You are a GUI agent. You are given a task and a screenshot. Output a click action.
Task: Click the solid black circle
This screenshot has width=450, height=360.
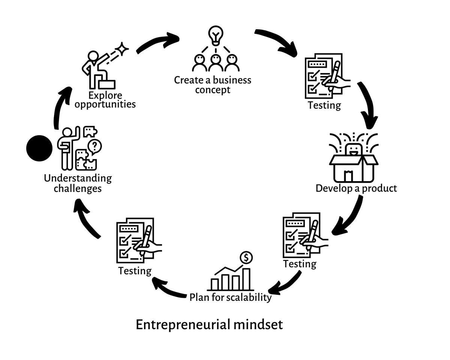pos(39,148)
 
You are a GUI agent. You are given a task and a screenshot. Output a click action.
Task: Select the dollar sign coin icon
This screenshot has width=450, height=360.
pos(246,258)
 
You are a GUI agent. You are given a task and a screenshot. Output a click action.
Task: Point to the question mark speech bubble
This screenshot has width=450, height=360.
pos(94,145)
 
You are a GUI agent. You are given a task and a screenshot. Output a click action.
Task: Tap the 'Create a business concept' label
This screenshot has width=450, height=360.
pos(213,85)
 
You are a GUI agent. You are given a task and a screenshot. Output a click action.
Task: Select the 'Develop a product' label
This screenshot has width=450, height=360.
pos(356,188)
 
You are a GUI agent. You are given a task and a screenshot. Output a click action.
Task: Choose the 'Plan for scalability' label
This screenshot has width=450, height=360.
pos(230,297)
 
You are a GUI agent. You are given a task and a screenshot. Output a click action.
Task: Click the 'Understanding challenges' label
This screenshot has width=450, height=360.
pos(78,183)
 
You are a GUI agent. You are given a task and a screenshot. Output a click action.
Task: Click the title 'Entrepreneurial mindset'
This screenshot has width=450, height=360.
pos(209,324)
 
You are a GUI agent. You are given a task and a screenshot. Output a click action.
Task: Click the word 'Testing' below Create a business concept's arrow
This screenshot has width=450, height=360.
pos(324,105)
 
